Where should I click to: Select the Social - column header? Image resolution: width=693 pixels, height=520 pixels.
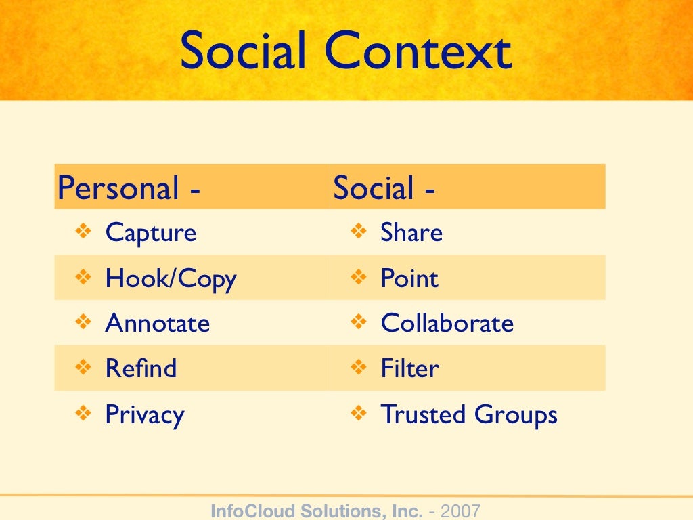pyautogui.click(x=384, y=188)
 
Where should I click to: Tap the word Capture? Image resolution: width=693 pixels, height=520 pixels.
pyautogui.click(x=150, y=234)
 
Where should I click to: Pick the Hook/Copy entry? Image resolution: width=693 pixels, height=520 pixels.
pyautogui.click(x=171, y=279)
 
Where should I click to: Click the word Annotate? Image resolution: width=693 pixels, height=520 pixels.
pyautogui.click(x=157, y=324)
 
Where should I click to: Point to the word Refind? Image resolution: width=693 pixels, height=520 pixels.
pyautogui.click(x=141, y=369)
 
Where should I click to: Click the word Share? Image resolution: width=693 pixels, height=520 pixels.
pyautogui.click(x=411, y=234)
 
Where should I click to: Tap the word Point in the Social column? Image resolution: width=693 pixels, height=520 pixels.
pyautogui.click(x=409, y=279)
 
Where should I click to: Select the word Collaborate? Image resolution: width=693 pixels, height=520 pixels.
pyautogui.click(x=447, y=324)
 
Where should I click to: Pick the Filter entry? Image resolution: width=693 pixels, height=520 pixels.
pyautogui.click(x=409, y=369)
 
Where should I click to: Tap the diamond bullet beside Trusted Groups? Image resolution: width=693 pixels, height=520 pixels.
pyautogui.click(x=359, y=413)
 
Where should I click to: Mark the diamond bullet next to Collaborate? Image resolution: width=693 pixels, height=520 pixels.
pyautogui.click(x=359, y=322)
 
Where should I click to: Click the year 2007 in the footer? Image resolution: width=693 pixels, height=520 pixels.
pyautogui.click(x=460, y=511)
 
